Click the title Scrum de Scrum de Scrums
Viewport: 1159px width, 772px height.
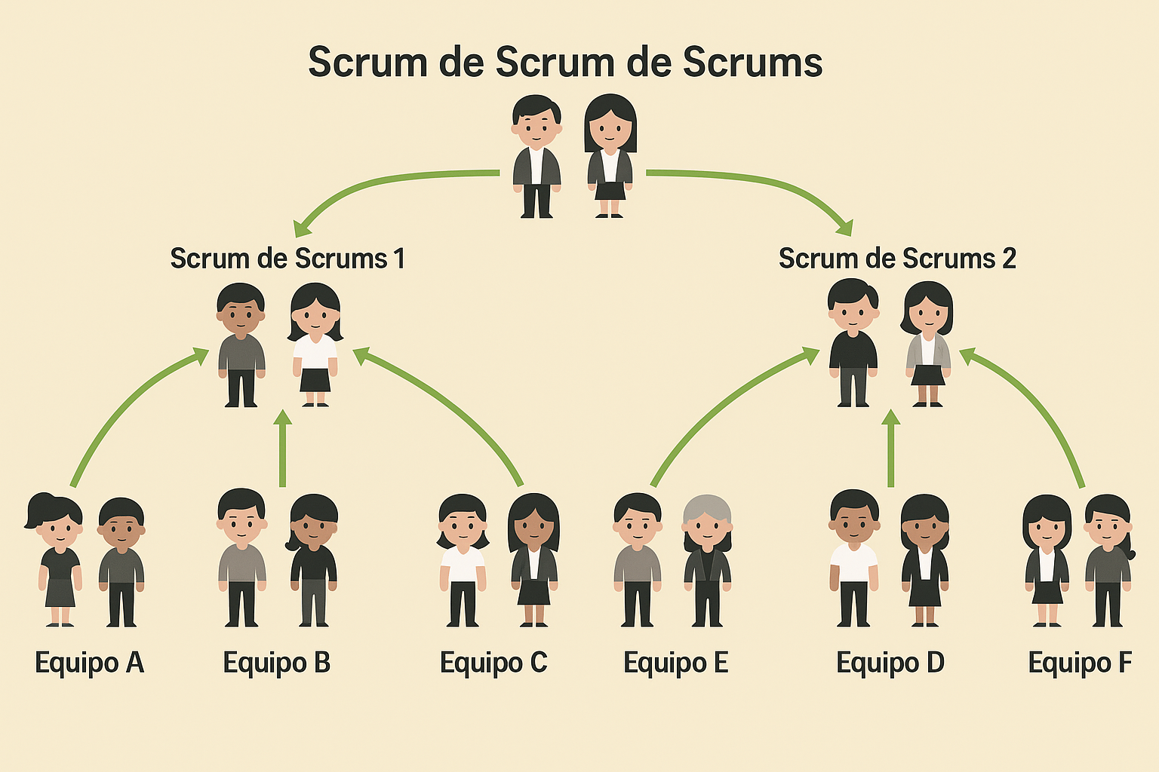coord(565,62)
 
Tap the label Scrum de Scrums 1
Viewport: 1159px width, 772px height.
coord(287,259)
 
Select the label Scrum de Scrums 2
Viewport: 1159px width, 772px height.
coord(897,259)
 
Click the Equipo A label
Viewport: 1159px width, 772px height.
coord(89,663)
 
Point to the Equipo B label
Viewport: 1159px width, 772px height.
coord(277,663)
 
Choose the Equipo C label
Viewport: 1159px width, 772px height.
coord(493,663)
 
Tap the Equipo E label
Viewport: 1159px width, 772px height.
coord(675,663)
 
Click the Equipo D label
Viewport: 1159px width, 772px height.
coord(890,663)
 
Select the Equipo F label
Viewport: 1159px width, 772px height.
coord(1080,663)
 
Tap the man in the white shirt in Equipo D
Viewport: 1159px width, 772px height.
coord(853,558)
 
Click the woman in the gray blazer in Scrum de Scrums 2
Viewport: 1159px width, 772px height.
coord(928,344)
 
